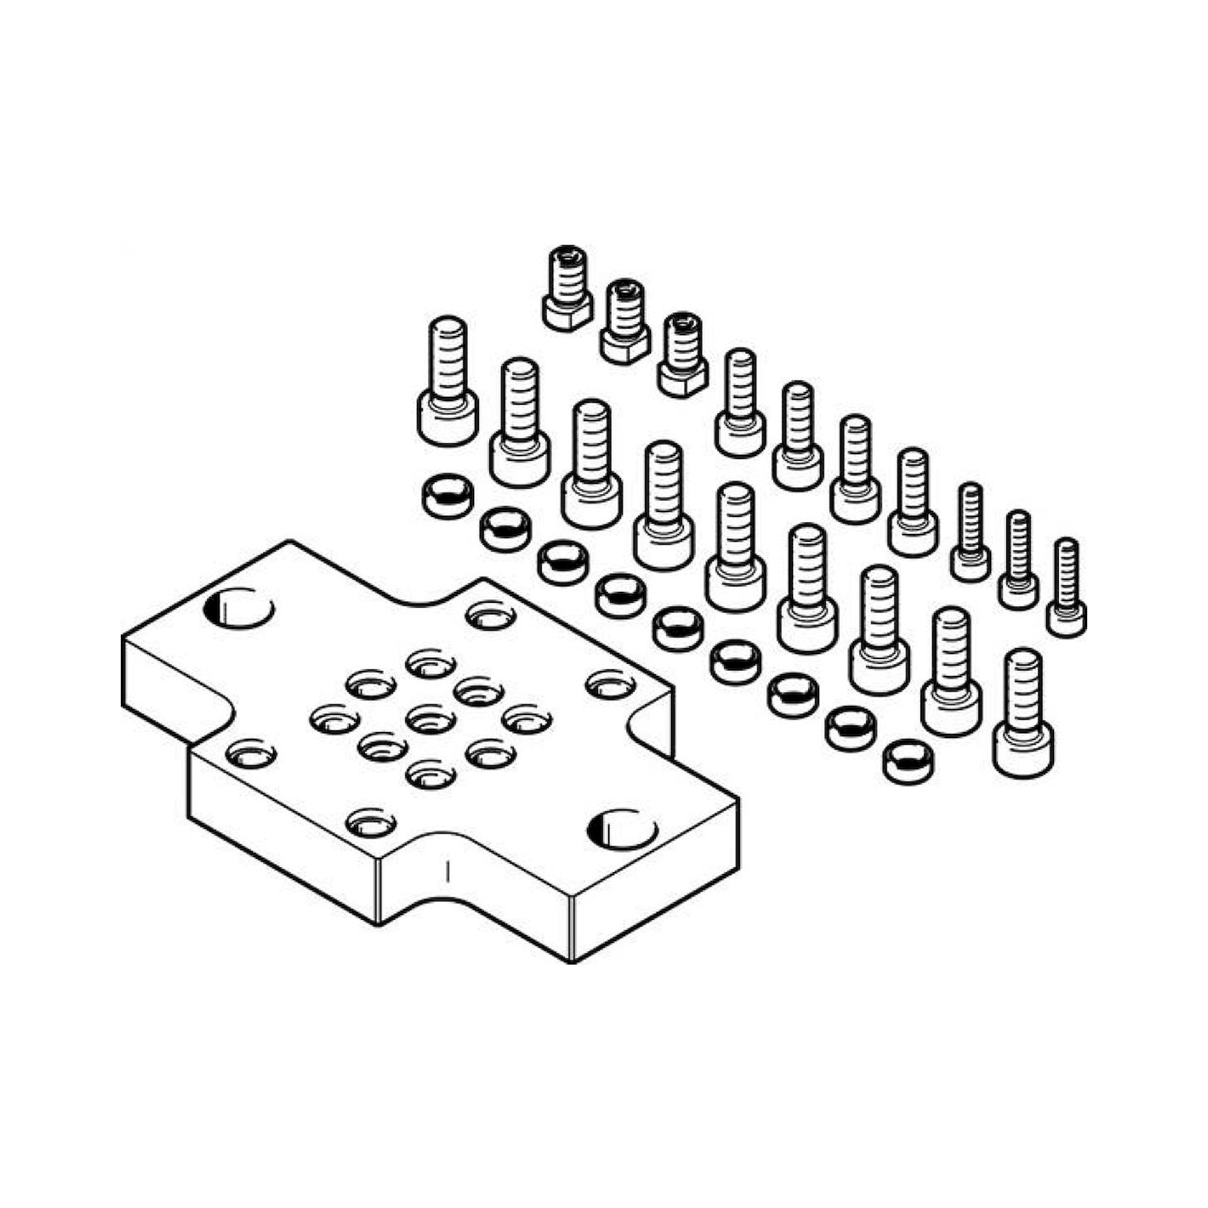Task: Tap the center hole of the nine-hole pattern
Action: [429, 718]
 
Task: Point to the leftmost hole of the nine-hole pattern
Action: [335, 718]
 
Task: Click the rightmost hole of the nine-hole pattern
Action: [526, 718]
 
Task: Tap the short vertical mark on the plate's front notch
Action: [446, 872]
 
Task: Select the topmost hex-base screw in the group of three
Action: [567, 288]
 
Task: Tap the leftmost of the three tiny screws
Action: [971, 532]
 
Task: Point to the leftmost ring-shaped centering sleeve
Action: [447, 496]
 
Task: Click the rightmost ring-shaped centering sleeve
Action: [906, 760]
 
